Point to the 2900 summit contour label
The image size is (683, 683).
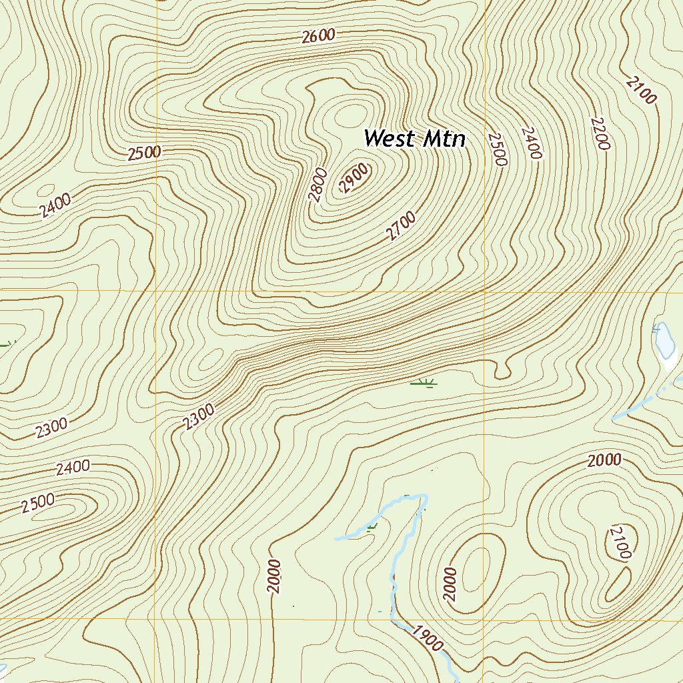354,177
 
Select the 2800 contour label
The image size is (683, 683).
318,184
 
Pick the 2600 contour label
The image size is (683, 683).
317,37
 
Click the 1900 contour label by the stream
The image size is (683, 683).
426,638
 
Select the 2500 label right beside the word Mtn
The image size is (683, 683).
498,149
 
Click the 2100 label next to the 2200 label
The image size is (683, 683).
641,89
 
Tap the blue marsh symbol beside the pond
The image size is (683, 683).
656,327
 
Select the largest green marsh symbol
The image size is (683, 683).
423,383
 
